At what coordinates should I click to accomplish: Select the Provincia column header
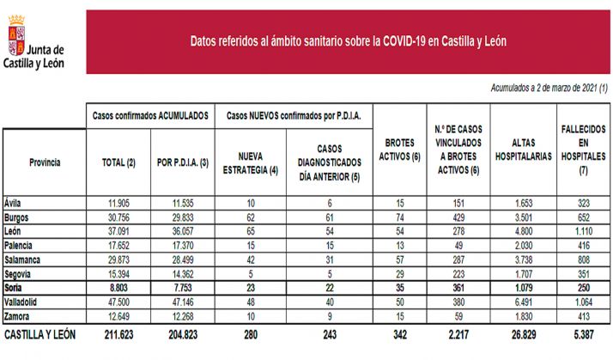tap(45, 162)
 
